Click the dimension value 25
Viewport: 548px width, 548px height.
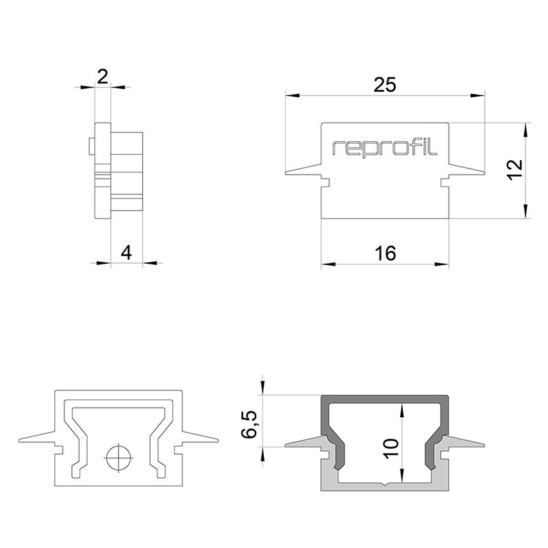point(385,84)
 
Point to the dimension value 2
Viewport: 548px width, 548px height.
point(102,76)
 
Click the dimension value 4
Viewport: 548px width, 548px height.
point(125,252)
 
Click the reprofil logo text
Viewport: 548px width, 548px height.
point(384,147)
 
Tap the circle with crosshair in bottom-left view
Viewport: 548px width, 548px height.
point(118,456)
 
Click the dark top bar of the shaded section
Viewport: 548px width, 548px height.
point(386,400)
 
